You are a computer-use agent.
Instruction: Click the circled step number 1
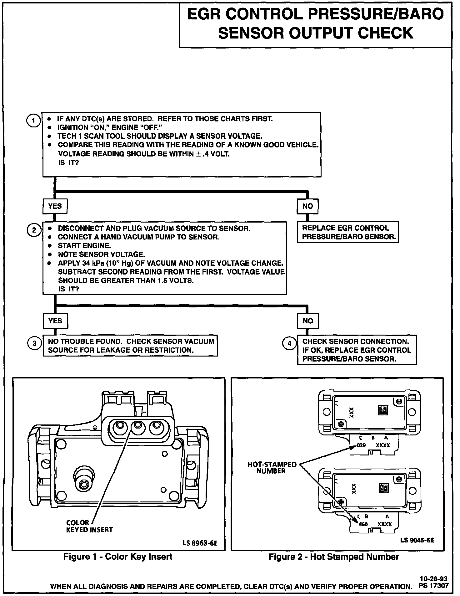coord(33,121)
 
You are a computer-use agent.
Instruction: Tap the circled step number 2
coord(34,230)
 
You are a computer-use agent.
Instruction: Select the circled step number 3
coord(34,344)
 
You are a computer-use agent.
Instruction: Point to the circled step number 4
coord(289,344)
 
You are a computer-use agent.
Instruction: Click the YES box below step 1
coord(55,206)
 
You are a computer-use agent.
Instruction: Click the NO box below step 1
coord(307,206)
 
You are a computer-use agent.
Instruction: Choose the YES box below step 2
coord(55,321)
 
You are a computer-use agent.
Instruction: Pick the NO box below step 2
coord(308,321)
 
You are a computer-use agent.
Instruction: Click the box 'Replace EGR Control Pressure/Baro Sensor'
coord(348,233)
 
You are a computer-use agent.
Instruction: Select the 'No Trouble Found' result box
coord(130,346)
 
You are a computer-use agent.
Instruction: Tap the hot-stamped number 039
coord(361,445)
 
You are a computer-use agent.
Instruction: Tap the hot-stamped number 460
coord(363,524)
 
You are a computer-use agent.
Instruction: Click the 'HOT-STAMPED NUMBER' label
coord(272,468)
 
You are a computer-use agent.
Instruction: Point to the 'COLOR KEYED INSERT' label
coord(89,526)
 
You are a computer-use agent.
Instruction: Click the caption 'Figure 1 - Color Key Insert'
coord(118,557)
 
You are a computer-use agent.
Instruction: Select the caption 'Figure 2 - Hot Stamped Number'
coord(334,557)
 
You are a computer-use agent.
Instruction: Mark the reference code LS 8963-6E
coord(200,543)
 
